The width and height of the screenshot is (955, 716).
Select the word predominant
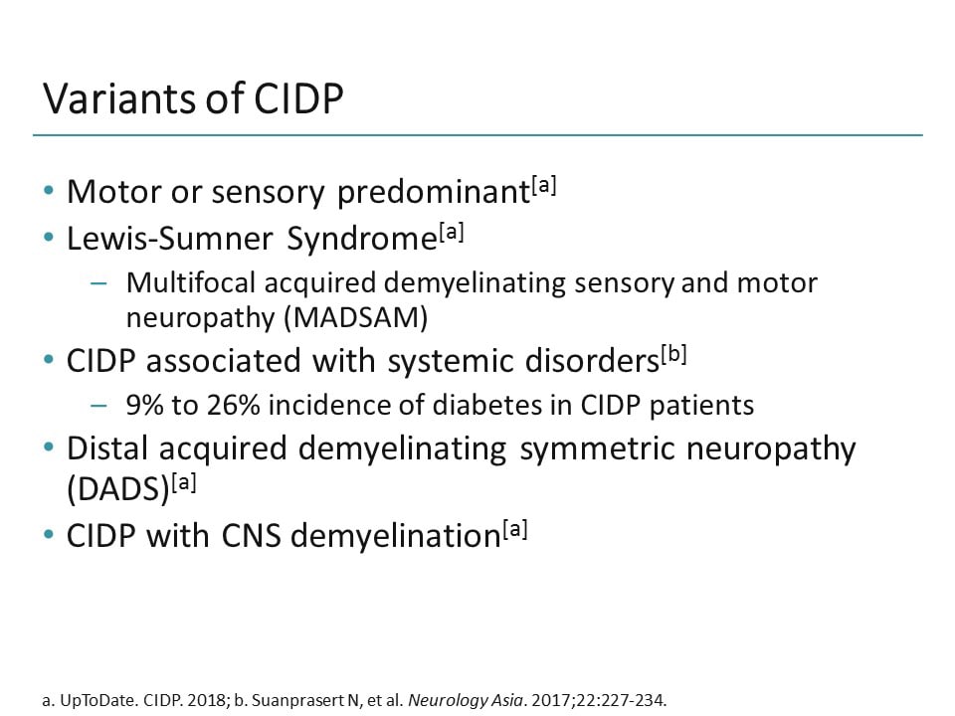[x=432, y=192]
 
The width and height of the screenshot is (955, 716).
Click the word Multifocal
[x=175, y=283]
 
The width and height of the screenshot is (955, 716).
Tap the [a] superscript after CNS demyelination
[x=514, y=530]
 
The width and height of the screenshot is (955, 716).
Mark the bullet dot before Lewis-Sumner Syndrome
[x=50, y=241]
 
